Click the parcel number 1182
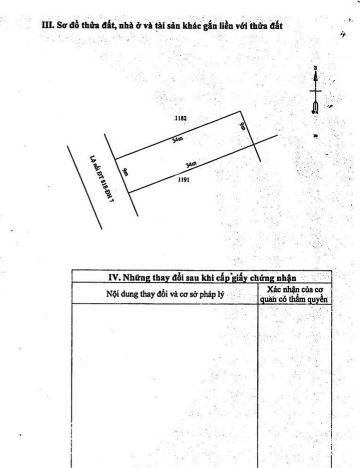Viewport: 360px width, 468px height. [180, 118]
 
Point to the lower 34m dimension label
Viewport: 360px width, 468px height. [190, 164]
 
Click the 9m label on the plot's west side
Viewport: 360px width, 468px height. [124, 172]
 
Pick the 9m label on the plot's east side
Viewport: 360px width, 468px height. [242, 125]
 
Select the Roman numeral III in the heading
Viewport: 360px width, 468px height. [47, 25]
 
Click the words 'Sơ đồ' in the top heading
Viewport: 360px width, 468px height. [66, 25]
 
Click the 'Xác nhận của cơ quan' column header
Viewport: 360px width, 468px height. [294, 294]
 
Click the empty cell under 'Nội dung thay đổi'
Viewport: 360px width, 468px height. [164, 385]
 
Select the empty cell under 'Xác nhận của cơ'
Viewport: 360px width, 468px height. [294, 385]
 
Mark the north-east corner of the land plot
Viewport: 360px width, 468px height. [241, 111]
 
